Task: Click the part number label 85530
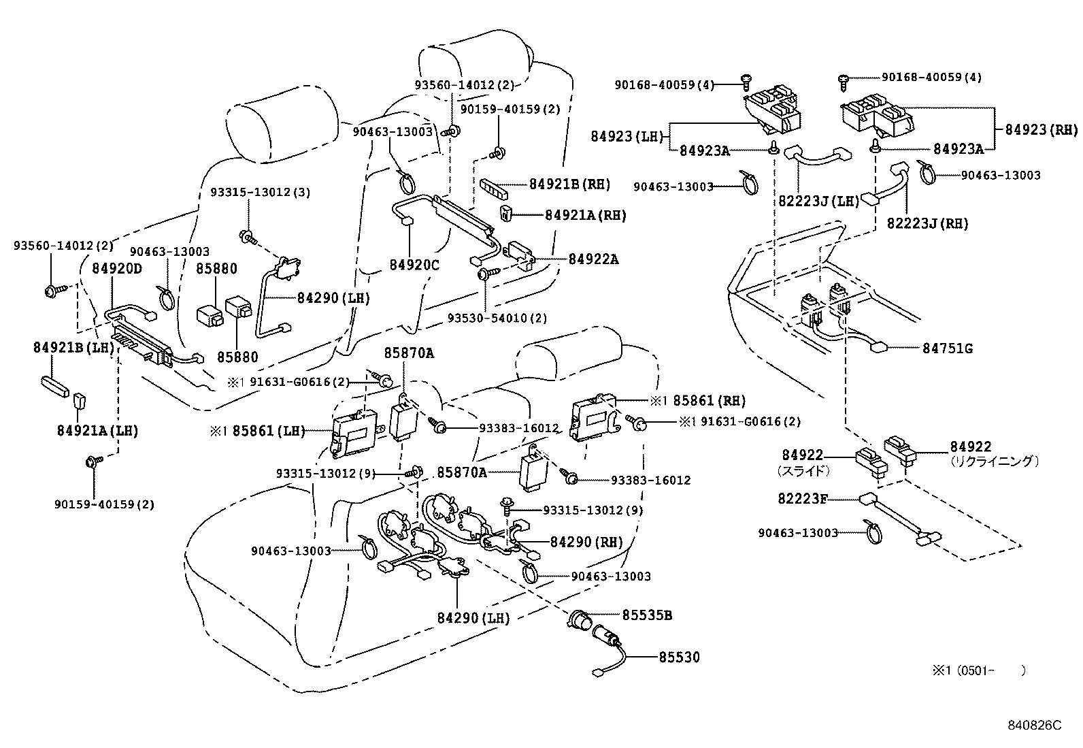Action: tap(678, 657)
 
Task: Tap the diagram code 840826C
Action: tap(1034, 725)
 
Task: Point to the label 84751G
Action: tap(947, 348)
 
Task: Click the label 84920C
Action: tap(414, 264)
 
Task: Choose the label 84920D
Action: tap(117, 268)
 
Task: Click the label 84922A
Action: tap(593, 259)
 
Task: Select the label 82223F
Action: tap(803, 499)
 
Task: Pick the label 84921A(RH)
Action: tap(585, 215)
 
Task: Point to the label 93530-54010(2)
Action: tap(497, 318)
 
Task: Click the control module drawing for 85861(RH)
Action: tap(593, 414)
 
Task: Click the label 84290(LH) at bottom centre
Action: tap(473, 618)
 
